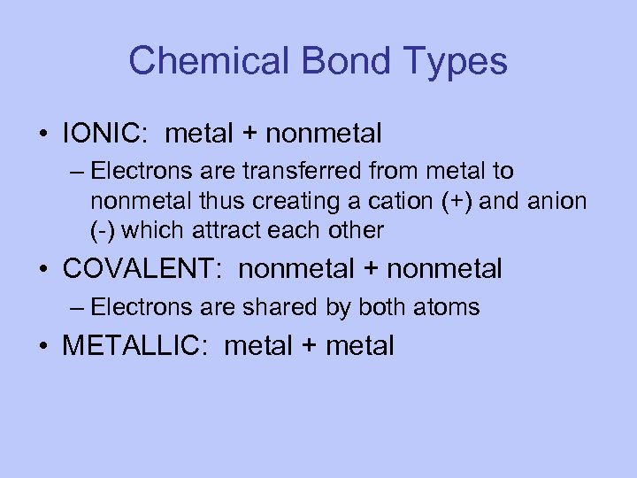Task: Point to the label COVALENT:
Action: [145, 267]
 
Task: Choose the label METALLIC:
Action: [137, 346]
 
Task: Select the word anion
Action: [557, 201]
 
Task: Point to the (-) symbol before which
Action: [102, 231]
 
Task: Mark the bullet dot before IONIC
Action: [44, 135]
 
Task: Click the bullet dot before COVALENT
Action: [44, 268]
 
